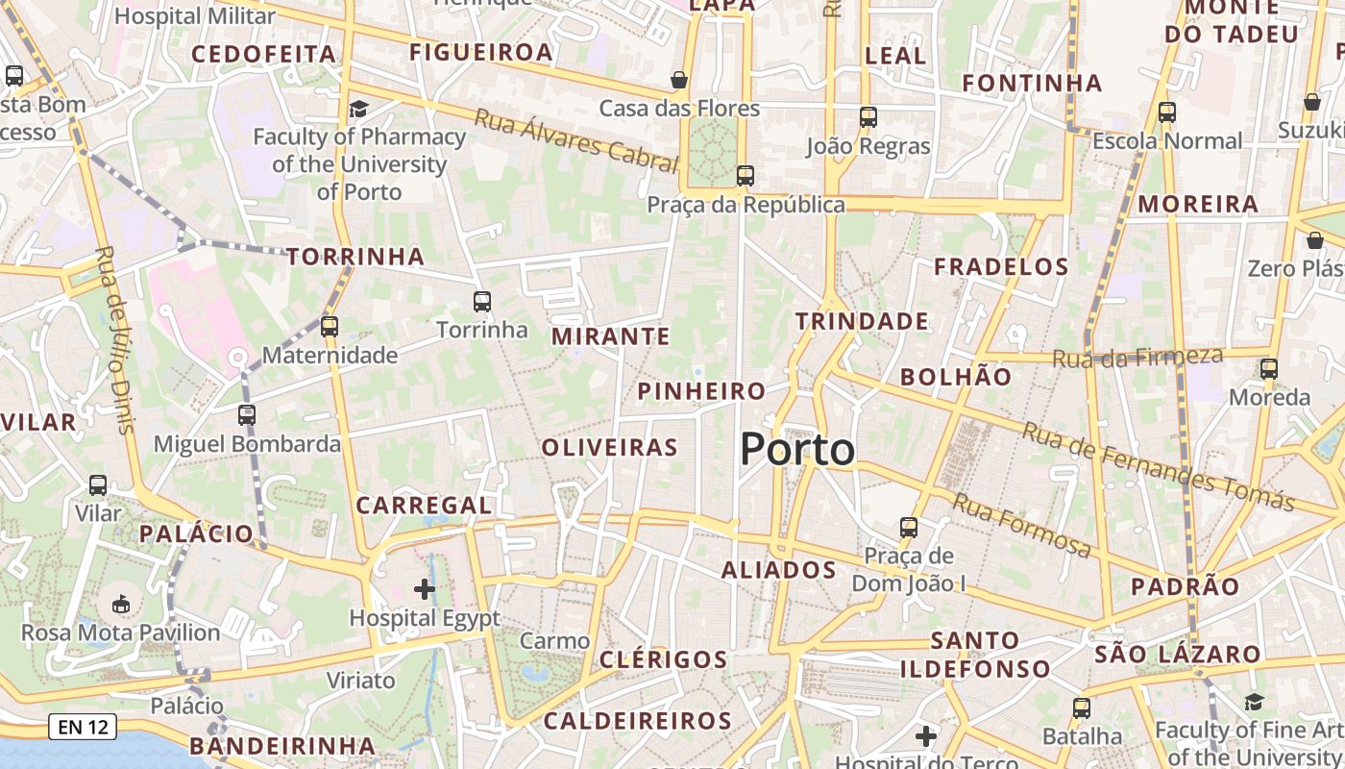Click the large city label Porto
(x=797, y=450)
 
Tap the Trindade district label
(x=862, y=321)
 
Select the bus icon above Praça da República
(x=746, y=176)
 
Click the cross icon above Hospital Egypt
(x=425, y=588)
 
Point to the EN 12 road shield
(x=83, y=727)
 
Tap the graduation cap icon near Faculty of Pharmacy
(x=358, y=109)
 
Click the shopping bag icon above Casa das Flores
(x=679, y=80)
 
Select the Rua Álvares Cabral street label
(x=576, y=140)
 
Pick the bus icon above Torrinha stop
(x=482, y=302)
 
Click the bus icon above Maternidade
(x=330, y=327)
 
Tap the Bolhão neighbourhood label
(x=956, y=377)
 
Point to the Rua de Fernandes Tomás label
(x=1158, y=466)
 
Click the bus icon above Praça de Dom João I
(x=909, y=528)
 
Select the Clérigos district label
(x=664, y=659)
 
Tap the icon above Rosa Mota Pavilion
(x=121, y=605)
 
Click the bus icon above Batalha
(x=1082, y=708)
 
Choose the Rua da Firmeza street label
(x=1137, y=358)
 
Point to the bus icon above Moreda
(x=1269, y=369)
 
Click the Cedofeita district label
(x=264, y=54)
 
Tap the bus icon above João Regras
(x=868, y=117)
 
